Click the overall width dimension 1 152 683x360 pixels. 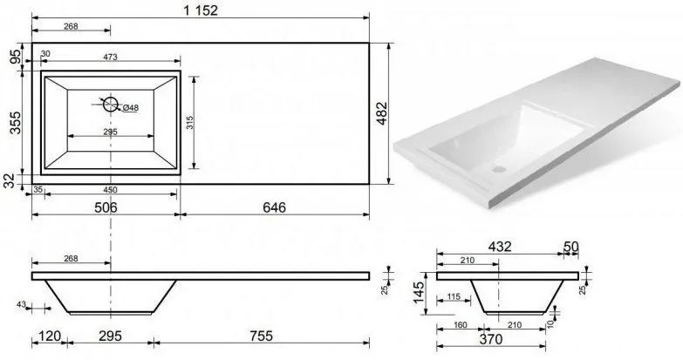click(201, 10)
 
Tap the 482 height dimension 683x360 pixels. click(382, 113)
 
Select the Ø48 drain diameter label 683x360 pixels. click(131, 107)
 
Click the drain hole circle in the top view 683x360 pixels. click(111, 104)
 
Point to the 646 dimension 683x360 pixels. click(275, 207)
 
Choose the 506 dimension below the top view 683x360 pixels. click(106, 207)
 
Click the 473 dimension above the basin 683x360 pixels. click(111, 57)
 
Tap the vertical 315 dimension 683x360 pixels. click(189, 122)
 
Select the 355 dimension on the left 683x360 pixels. click(15, 123)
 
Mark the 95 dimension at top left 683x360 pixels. click(15, 57)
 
